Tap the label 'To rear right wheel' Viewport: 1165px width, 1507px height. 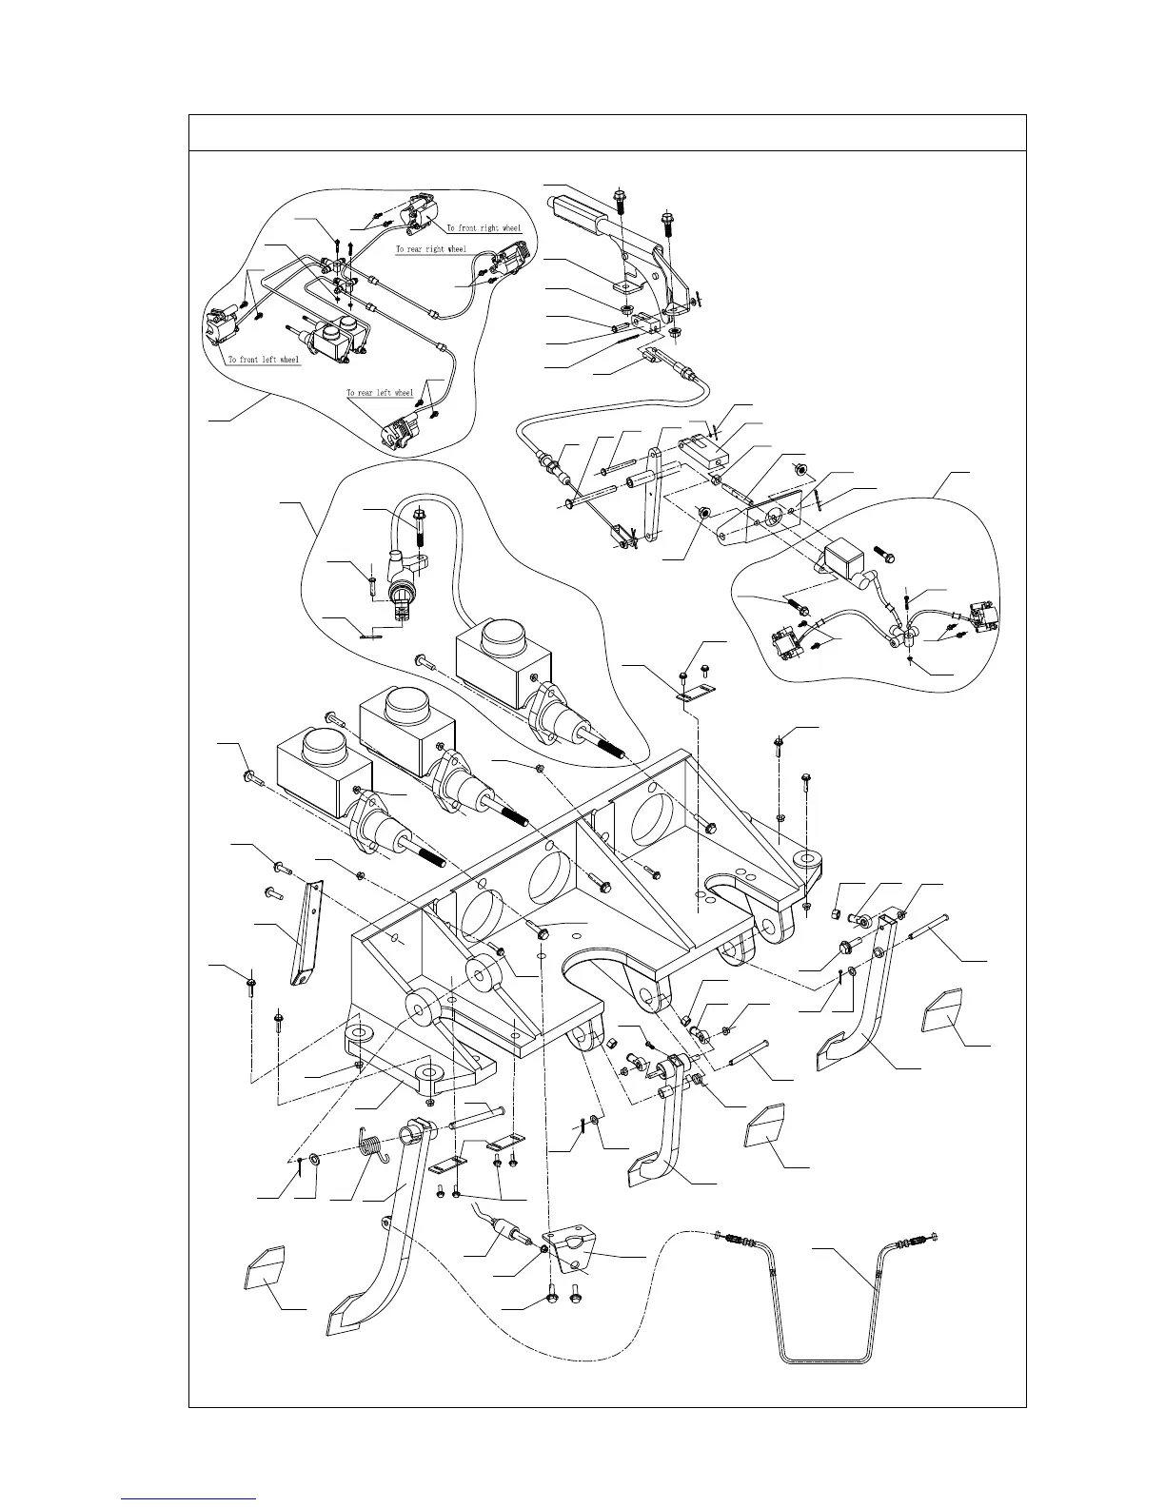[x=431, y=249]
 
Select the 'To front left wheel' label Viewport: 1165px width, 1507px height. [x=264, y=360]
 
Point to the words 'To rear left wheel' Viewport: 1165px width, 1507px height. [x=380, y=393]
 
